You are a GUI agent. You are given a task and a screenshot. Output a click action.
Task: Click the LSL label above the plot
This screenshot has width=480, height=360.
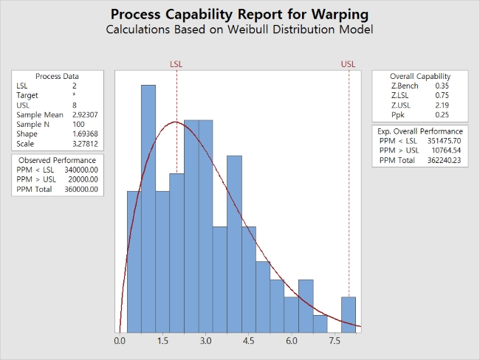click(176, 64)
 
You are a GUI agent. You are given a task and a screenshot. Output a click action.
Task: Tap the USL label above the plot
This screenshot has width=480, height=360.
click(348, 64)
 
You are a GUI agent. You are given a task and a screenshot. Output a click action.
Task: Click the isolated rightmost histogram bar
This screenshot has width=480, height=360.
click(349, 315)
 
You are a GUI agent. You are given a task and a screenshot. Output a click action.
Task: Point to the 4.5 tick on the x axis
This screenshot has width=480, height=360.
click(248, 342)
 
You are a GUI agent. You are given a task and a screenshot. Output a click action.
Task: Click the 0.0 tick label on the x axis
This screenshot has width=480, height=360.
click(120, 342)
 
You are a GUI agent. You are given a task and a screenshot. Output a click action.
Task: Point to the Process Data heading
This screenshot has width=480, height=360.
click(57, 76)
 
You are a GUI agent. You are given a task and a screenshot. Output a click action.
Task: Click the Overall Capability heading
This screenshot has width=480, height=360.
click(420, 76)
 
